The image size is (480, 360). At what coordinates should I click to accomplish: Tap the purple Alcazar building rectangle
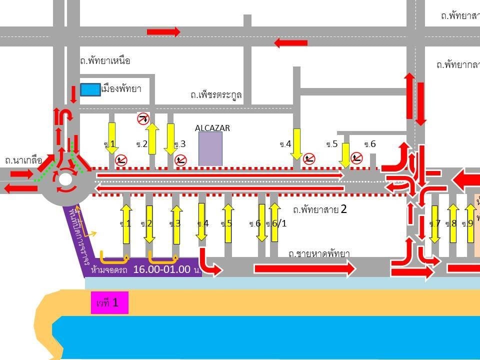(210, 148)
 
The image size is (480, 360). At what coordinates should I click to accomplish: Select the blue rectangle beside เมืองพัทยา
(90, 89)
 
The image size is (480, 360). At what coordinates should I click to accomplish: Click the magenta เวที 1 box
(109, 302)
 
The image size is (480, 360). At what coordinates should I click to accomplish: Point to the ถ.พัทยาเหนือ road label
(105, 61)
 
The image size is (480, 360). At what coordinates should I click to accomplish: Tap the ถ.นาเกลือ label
(23, 160)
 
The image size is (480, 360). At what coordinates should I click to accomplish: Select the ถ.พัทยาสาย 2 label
(320, 209)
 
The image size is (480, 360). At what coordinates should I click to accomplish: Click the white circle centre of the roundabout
(65, 179)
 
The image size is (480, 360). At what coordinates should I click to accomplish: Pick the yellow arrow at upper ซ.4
(297, 144)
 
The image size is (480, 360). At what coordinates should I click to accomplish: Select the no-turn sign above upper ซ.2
(143, 118)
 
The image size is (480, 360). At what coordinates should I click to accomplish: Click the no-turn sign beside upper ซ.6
(356, 158)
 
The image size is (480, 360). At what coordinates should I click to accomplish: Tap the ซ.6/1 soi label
(276, 223)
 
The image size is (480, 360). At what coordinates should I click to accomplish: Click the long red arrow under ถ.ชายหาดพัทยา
(304, 269)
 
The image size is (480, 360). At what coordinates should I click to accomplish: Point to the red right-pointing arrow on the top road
(163, 32)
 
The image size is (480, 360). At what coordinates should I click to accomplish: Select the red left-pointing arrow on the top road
(291, 42)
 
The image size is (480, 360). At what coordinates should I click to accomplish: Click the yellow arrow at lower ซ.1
(126, 223)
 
